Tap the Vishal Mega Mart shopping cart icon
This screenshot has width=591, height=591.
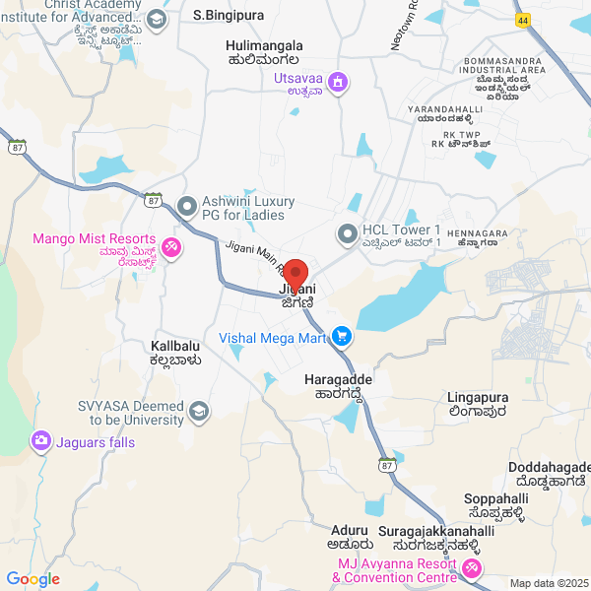[x=342, y=337]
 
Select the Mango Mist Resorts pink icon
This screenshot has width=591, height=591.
[x=170, y=245]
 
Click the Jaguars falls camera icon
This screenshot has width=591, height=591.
[x=41, y=440]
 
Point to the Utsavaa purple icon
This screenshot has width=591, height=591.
[x=338, y=82]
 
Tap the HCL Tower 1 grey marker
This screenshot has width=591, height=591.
[x=346, y=234]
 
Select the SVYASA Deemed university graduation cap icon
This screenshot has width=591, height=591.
[x=199, y=412]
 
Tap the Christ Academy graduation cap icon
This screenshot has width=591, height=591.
[x=157, y=20]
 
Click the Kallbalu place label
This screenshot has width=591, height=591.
[x=176, y=347]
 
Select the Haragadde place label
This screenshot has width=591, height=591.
[x=333, y=378]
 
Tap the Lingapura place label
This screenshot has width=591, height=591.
[x=477, y=397]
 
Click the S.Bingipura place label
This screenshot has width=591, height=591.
[x=230, y=15]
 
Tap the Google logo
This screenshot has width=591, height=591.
[x=33, y=579]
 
